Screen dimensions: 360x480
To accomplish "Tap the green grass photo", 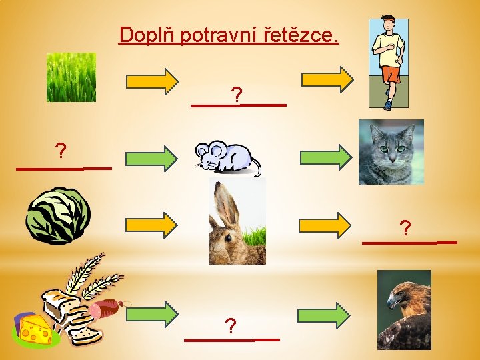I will click(x=71, y=77).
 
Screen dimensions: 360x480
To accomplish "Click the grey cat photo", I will click(x=391, y=151).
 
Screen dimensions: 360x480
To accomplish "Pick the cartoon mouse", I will click(x=225, y=158).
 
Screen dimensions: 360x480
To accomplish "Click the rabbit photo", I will click(x=237, y=221).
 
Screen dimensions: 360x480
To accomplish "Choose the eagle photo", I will click(x=404, y=309).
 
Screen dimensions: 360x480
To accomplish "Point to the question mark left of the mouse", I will click(x=61, y=152).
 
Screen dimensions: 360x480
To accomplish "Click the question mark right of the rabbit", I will click(x=405, y=229).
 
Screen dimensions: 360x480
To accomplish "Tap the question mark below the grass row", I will click(x=235, y=94).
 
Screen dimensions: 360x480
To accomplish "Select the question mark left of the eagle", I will click(x=231, y=326).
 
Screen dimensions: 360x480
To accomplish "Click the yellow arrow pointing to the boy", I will click(x=327, y=79).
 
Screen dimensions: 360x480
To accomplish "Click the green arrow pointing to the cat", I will click(x=325, y=157).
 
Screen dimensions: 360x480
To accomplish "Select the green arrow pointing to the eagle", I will click(x=323, y=314).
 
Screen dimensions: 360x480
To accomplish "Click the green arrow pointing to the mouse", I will click(x=152, y=158).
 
